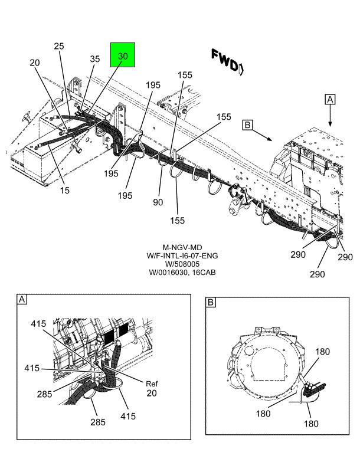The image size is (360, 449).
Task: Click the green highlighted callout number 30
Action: pos(123,55)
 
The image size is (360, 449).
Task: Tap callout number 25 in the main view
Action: pos(59,46)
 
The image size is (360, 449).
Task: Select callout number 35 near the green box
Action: pos(95,58)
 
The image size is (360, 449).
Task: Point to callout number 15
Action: pos(64,191)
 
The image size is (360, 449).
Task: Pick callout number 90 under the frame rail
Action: pos(158,202)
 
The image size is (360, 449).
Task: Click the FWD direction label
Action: pos(225,60)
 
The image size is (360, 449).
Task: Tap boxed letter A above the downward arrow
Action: pos(330,100)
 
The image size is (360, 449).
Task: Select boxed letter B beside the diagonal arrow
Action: pos(248,124)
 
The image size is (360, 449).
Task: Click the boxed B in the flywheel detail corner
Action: pos(211,303)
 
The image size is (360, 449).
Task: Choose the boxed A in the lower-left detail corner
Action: pos(22,300)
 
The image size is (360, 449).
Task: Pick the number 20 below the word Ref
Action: pos(152,393)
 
